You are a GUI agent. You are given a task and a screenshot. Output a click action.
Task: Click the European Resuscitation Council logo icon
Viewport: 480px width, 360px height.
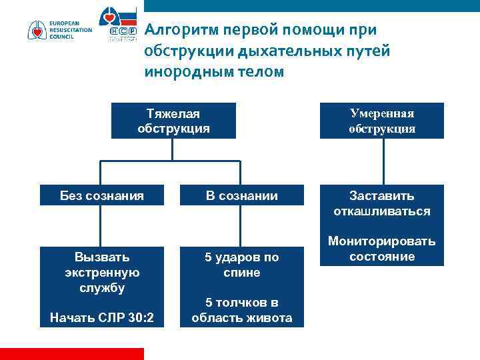pos(37,30)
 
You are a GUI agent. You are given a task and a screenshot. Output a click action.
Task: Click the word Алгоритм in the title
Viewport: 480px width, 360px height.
pos(176,30)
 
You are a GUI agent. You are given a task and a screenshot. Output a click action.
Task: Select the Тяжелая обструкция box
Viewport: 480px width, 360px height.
pos(173,121)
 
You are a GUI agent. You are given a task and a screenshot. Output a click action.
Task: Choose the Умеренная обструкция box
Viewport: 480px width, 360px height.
pos(381,121)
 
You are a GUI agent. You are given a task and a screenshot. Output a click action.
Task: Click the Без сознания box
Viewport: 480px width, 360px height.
pos(101,195)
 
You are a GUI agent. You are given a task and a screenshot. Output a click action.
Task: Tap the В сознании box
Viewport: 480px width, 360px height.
pos(241,195)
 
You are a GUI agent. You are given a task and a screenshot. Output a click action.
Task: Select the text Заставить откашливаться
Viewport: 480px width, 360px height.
pos(381,203)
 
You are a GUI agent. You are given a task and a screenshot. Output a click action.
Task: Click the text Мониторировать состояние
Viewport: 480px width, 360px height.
pos(381,249)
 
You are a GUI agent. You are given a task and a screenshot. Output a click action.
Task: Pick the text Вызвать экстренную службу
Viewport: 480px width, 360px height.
pos(101,272)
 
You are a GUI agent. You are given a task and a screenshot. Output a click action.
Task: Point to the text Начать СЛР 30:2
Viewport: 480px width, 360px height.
pos(101,318)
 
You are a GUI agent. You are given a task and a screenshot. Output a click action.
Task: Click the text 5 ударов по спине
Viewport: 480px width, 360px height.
pos(241,265)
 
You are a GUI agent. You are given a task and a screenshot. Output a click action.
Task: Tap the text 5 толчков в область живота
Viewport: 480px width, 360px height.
pos(241,310)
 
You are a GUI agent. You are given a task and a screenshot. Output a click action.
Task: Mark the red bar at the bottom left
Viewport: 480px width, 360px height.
pos(71,353)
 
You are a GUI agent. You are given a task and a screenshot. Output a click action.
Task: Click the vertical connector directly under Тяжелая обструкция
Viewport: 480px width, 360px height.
pos(173,149)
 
